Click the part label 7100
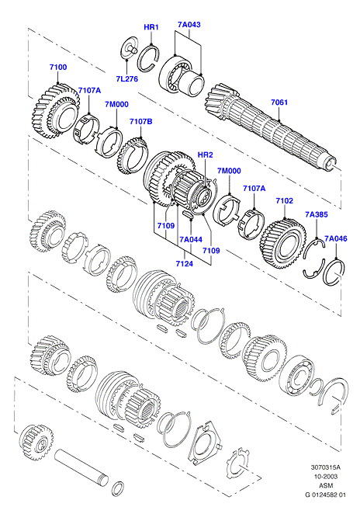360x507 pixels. tap(58, 67)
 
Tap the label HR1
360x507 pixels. tap(151, 27)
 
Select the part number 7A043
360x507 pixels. tap(189, 24)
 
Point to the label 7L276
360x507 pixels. tap(127, 78)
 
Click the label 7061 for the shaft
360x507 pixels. tap(279, 102)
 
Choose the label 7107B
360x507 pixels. tap(141, 122)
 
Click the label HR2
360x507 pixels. tap(206, 155)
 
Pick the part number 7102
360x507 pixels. tap(285, 200)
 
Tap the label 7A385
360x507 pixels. tap(317, 214)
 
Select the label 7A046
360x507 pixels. tap(336, 238)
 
